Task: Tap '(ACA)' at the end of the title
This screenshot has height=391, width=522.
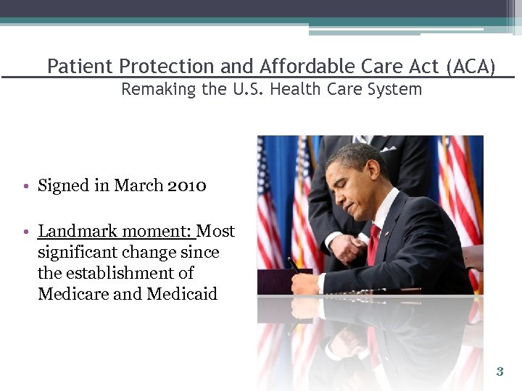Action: coord(471,67)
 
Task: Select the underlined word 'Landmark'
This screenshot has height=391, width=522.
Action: coord(78,232)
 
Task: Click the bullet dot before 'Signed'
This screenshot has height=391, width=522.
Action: coord(25,187)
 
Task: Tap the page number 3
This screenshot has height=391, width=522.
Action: coord(500,372)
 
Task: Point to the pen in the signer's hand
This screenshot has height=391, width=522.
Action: coord(294,265)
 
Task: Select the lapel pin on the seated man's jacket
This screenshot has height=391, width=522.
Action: coord(386,234)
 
